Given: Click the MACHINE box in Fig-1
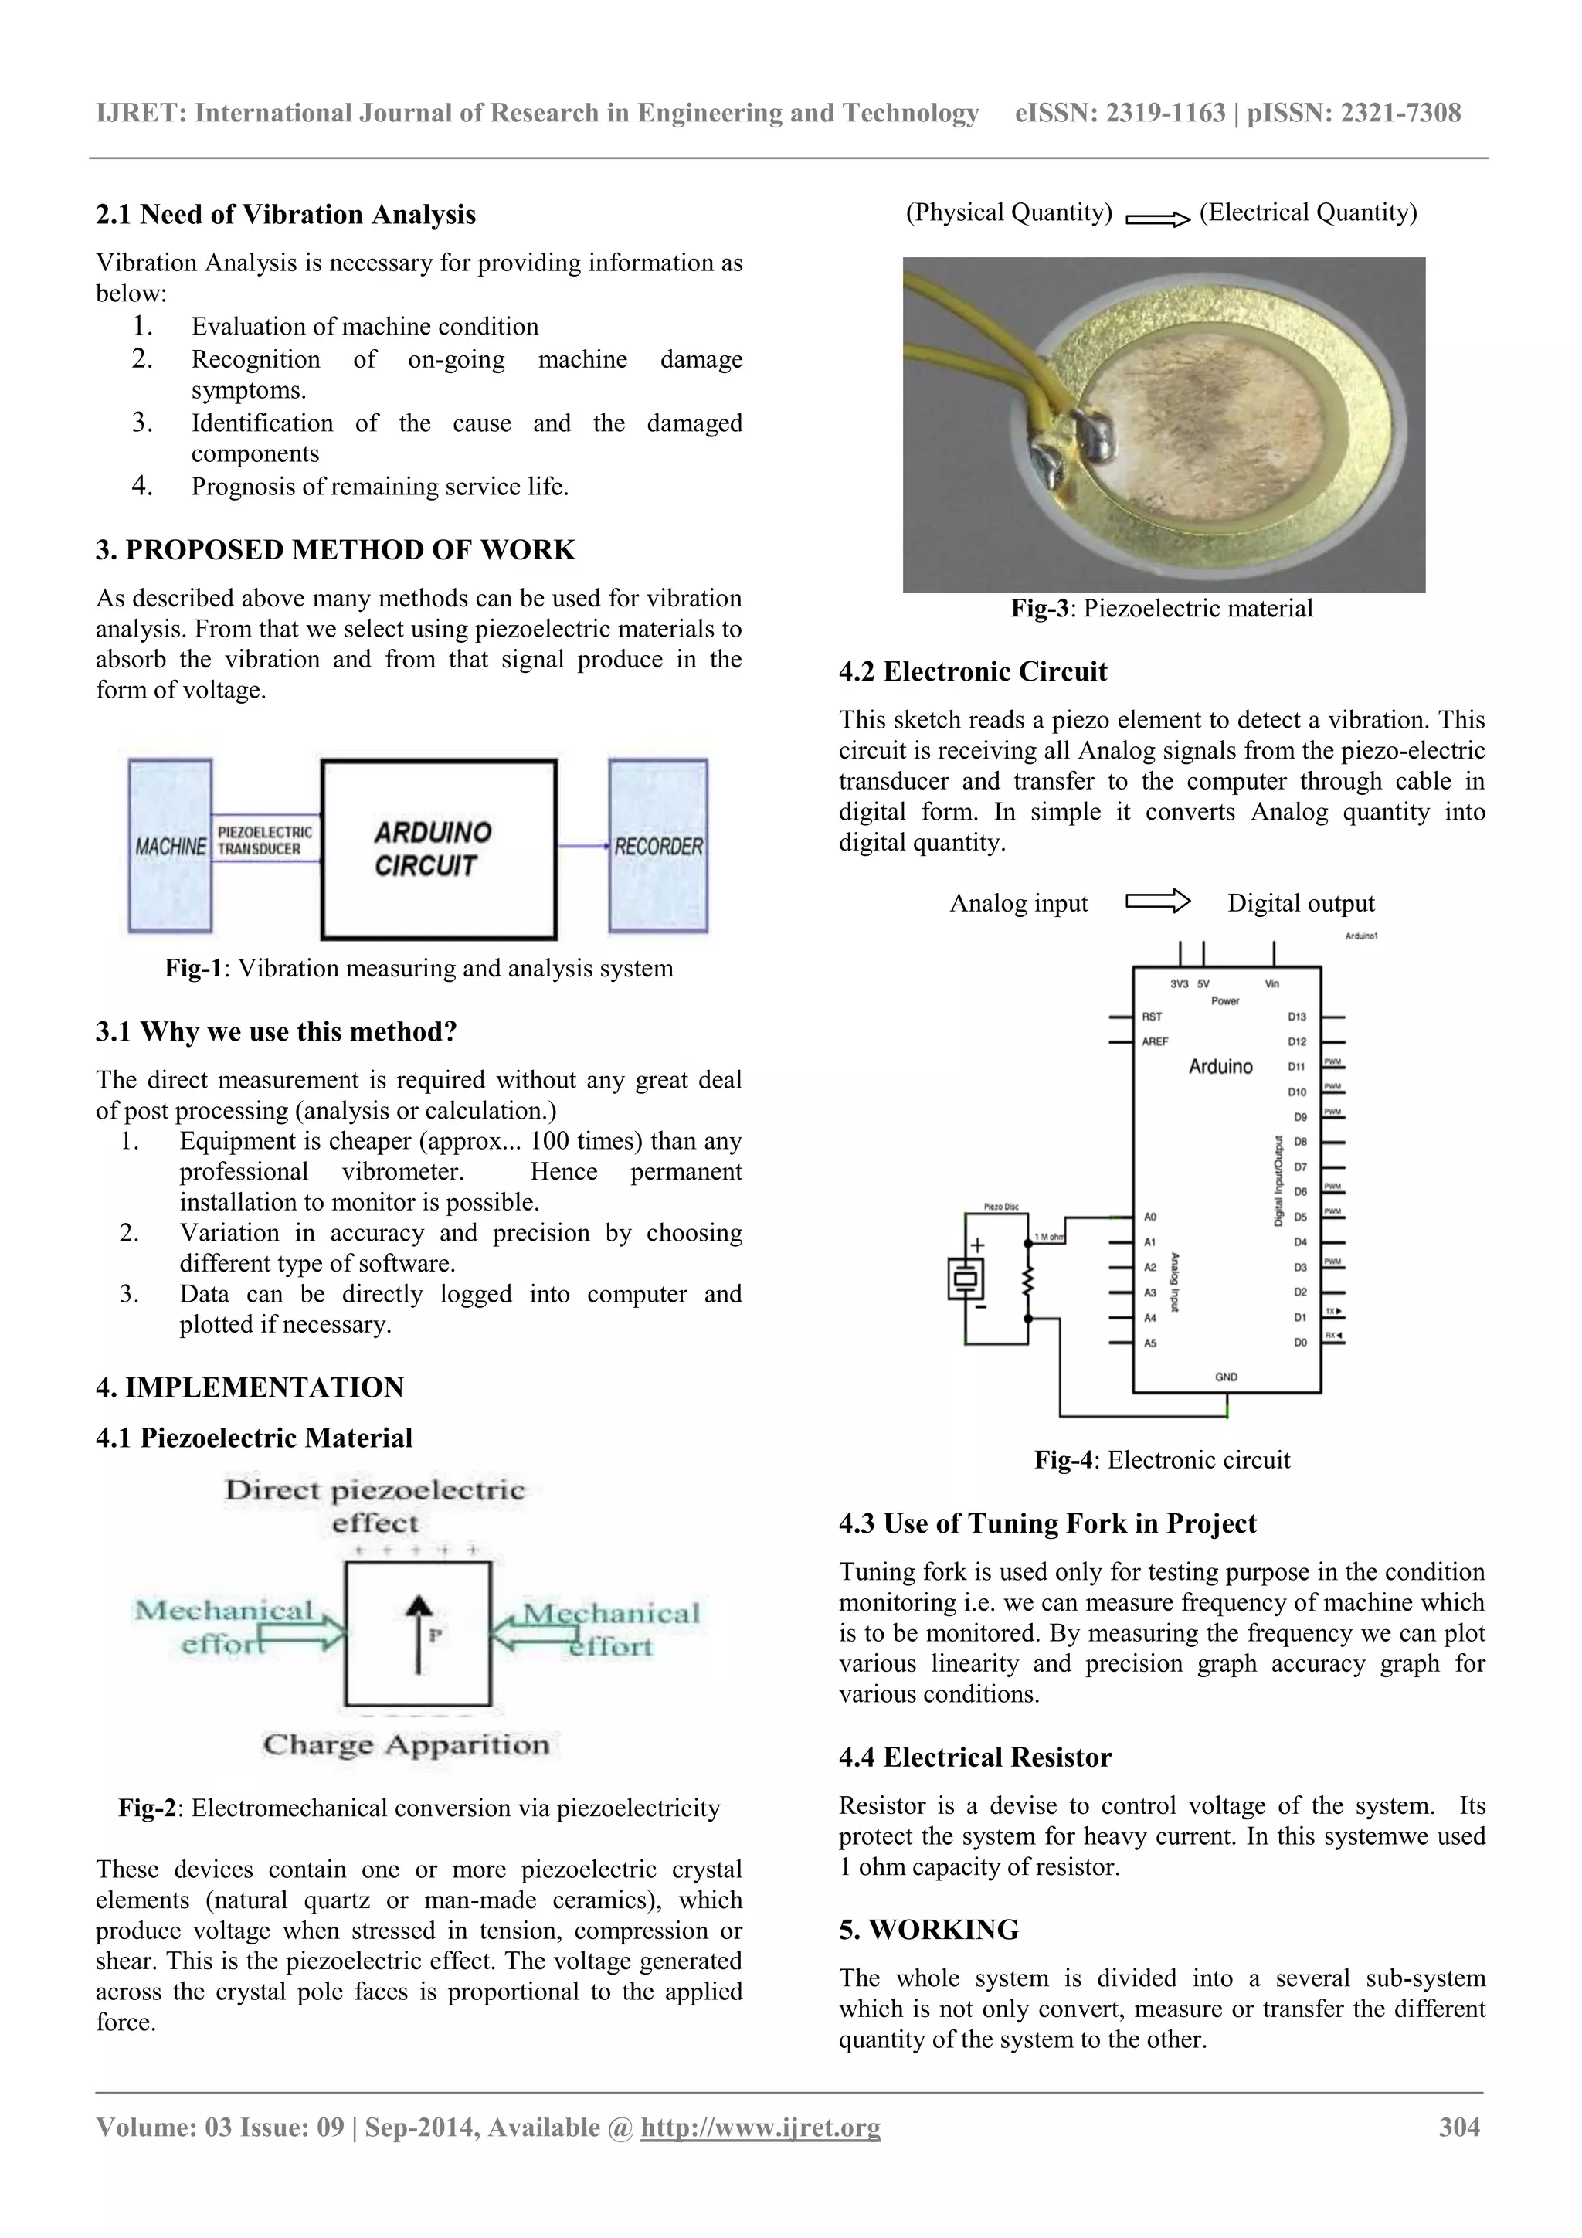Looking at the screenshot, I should coord(171,846).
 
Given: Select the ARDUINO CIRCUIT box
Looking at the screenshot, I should coord(439,849).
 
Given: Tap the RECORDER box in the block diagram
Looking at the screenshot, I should coord(658,846).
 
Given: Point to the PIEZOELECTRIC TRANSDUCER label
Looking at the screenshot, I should coord(264,841).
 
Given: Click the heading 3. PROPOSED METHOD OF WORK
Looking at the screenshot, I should coord(335,550).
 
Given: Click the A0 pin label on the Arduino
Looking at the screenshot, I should coord(1150,1217).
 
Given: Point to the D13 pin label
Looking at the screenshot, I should coord(1296,1017).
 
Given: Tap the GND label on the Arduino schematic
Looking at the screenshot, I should coord(1226,1377).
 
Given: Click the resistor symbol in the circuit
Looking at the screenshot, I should coord(1027,1282).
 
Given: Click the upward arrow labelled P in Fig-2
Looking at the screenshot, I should coord(418,1635).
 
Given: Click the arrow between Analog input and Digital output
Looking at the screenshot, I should coord(1158,902).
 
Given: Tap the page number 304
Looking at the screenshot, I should coord(1459,2127).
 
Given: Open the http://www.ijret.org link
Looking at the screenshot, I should coord(760,2127).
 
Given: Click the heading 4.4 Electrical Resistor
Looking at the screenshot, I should coord(975,1757).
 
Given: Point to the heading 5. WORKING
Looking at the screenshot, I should coord(929,1930).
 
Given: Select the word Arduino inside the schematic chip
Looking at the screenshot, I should coord(1220,1066).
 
